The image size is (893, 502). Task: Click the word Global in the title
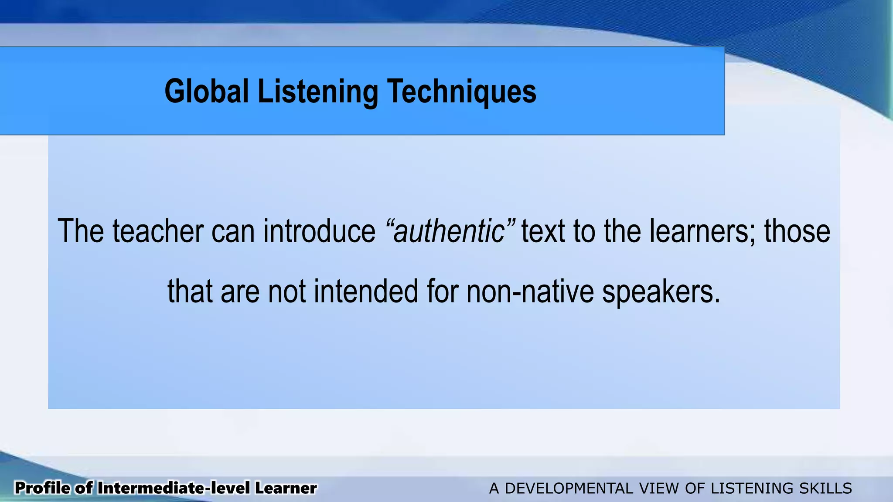click(206, 92)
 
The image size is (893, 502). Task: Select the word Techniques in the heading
click(462, 92)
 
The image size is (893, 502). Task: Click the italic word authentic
click(449, 231)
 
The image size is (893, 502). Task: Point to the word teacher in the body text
click(158, 231)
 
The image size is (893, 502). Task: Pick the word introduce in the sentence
click(319, 231)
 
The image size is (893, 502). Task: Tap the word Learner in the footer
click(286, 488)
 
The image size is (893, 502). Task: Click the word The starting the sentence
click(81, 231)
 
